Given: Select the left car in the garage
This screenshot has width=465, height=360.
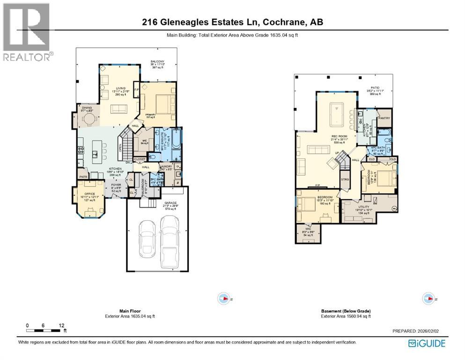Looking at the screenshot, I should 147,238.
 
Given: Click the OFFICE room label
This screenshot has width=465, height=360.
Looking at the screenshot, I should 89,194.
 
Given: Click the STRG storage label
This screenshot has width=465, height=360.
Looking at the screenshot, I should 345,179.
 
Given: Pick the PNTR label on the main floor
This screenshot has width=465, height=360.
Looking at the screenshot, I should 83,177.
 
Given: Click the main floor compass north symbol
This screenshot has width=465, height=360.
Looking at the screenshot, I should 224,299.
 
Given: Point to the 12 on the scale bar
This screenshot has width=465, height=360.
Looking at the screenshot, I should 62,325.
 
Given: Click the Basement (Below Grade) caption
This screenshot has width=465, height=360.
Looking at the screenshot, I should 346,311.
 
